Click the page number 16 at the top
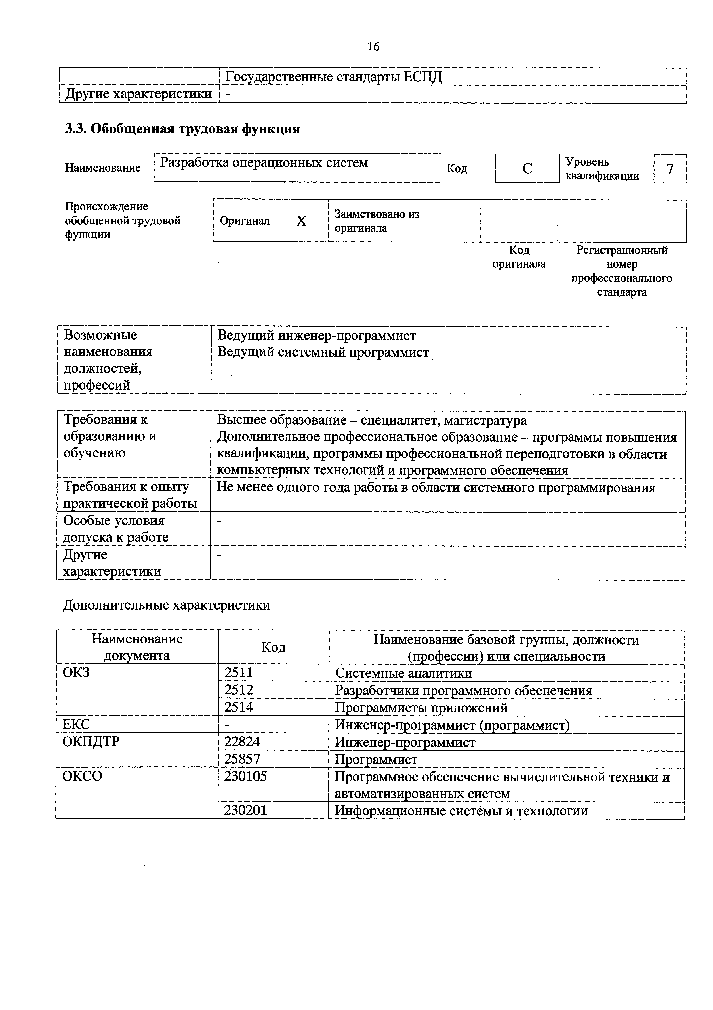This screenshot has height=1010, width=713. point(373,47)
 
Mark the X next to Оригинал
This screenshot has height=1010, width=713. point(301,221)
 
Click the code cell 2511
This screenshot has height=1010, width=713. point(239,673)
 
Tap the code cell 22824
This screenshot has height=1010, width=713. point(242,742)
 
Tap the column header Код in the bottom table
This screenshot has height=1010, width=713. point(273,647)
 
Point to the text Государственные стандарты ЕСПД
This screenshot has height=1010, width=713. point(333,77)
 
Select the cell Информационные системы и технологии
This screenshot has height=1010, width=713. point(461,811)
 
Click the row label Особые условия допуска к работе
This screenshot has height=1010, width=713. point(115,529)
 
